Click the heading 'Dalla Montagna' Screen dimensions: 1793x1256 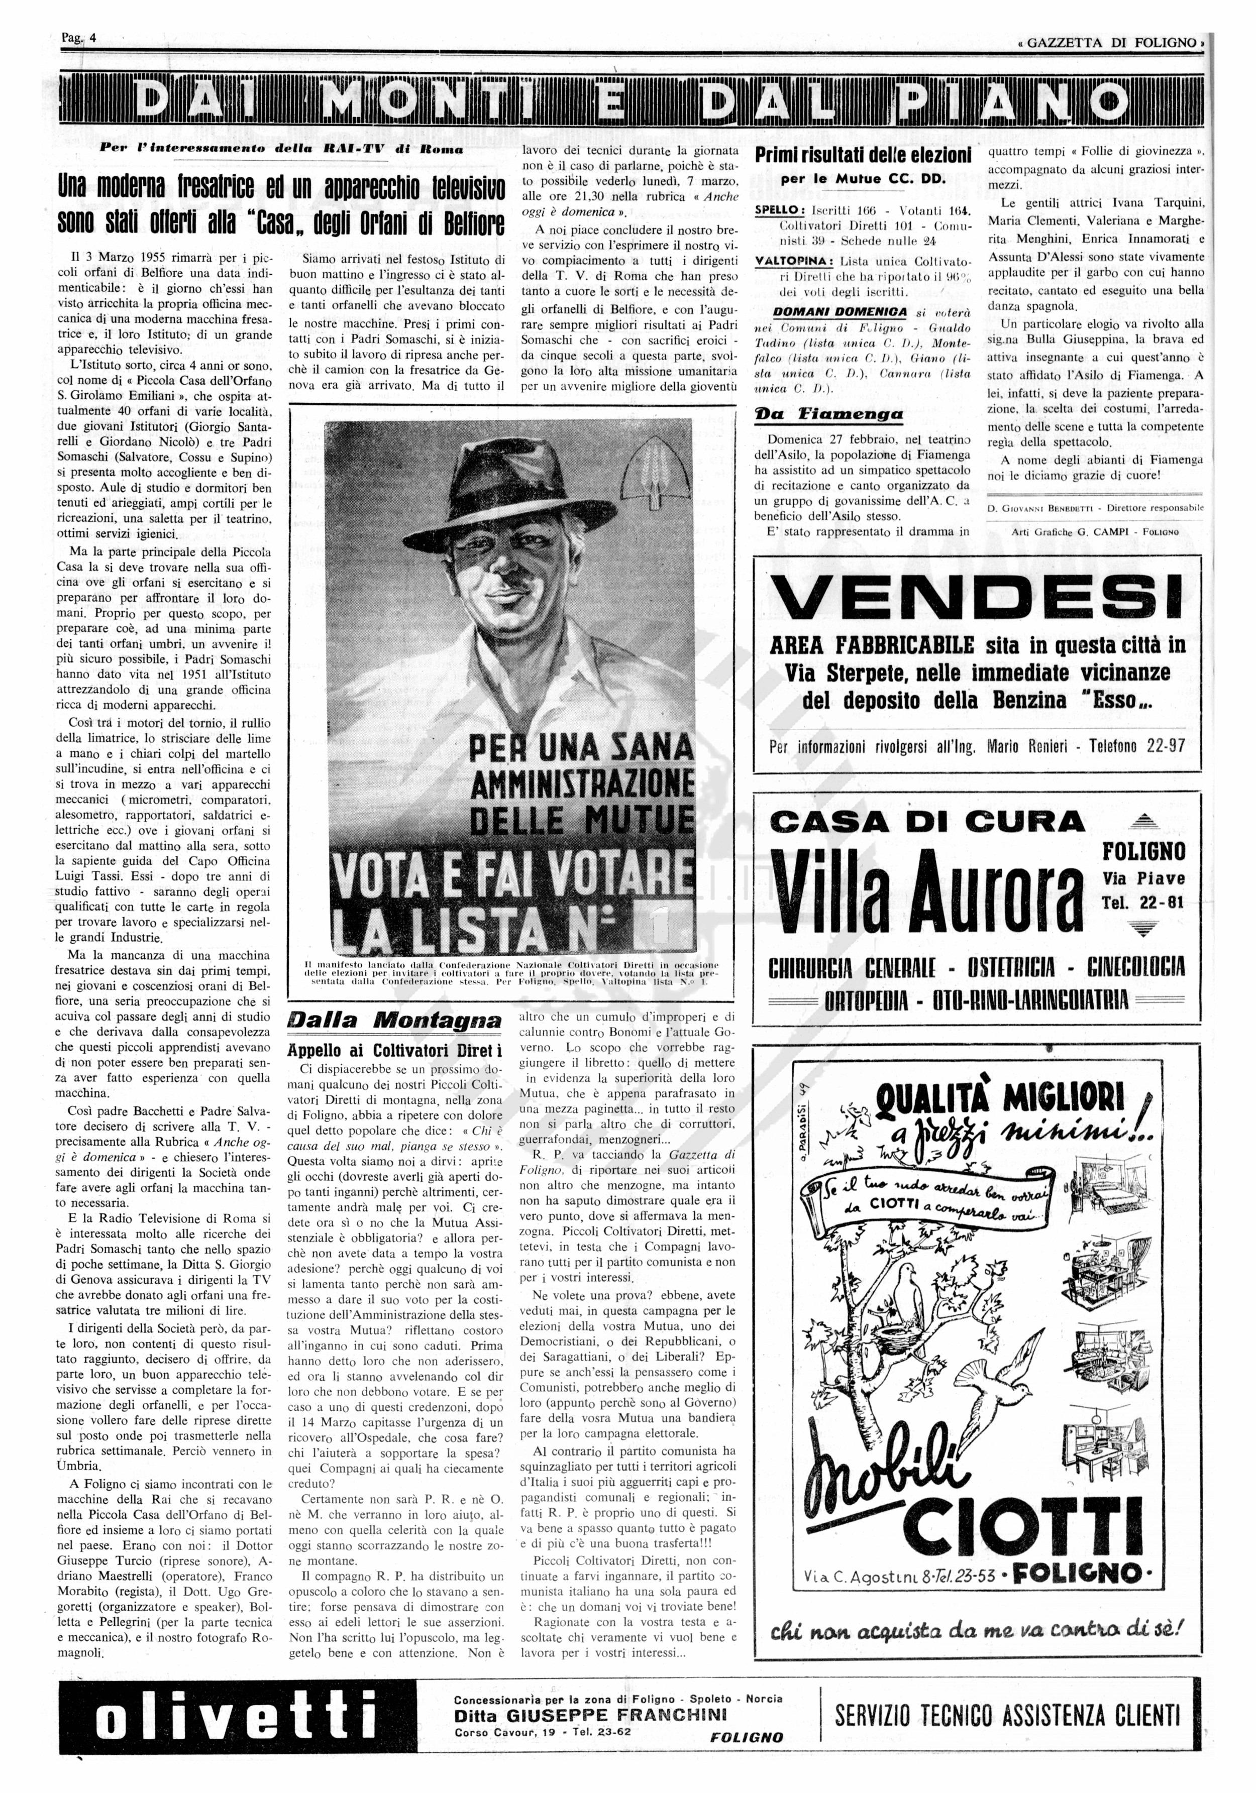[394, 1020]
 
